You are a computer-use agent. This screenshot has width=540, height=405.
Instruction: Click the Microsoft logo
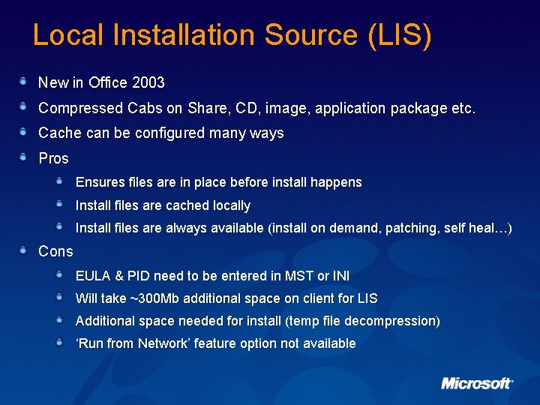click(x=477, y=383)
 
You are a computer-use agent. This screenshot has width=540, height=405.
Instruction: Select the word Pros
click(x=53, y=158)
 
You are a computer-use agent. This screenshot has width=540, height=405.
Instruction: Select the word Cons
click(x=55, y=251)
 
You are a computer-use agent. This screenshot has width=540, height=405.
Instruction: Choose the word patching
click(x=412, y=228)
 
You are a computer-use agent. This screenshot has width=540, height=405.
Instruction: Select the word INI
click(x=339, y=276)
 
